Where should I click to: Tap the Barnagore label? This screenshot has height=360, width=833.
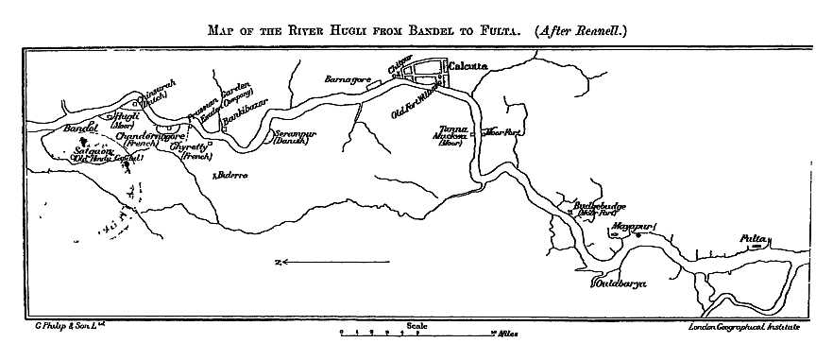point(345,79)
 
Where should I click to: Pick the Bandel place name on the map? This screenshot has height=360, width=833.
point(80,128)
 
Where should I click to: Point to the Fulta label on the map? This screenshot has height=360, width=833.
point(753,238)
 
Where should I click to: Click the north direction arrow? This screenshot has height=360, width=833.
point(312,262)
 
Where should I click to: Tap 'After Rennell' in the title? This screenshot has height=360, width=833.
point(580,29)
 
